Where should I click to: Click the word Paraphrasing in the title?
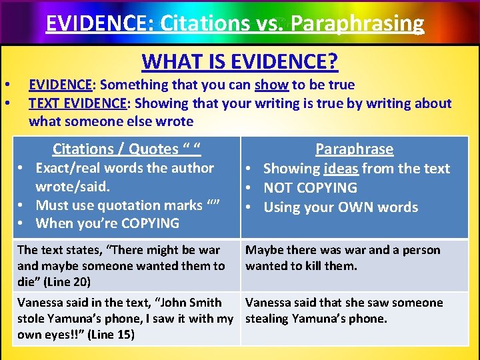[x=357, y=23]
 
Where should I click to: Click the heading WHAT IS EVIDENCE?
[x=240, y=62]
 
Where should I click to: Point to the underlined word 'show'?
[x=271, y=85]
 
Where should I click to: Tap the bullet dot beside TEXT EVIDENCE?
[x=6, y=103]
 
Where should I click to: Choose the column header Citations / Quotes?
[x=127, y=149]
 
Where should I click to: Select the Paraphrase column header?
[x=354, y=149]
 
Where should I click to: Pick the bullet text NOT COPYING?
[x=311, y=188]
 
